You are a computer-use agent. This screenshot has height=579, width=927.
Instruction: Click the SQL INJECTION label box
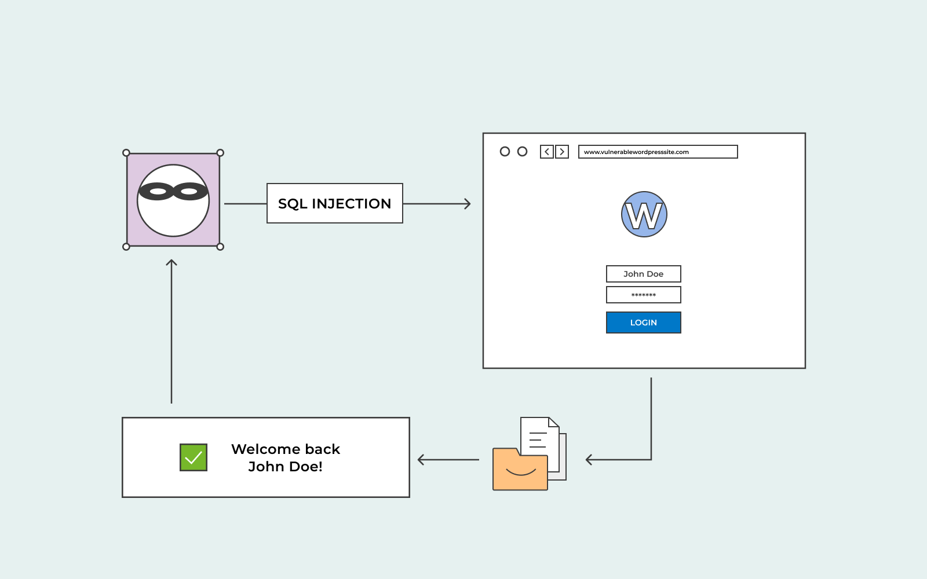click(335, 203)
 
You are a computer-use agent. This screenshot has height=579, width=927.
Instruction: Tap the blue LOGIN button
click(644, 323)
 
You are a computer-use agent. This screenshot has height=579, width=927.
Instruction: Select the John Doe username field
click(644, 274)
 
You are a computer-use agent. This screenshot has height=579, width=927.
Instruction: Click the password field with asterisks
click(644, 295)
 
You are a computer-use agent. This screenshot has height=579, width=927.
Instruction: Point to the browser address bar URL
click(658, 152)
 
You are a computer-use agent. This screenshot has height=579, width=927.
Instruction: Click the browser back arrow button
click(547, 152)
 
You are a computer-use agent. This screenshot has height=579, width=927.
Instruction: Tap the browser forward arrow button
click(562, 152)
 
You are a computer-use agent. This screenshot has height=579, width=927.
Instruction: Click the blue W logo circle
click(644, 214)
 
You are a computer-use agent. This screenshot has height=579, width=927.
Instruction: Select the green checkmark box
click(194, 457)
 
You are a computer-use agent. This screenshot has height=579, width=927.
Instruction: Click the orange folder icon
click(520, 470)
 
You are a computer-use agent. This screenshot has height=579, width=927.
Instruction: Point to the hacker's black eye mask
click(173, 192)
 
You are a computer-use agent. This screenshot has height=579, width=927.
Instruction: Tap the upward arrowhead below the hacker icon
click(171, 263)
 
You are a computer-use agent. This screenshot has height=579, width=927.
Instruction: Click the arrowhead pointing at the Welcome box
click(421, 460)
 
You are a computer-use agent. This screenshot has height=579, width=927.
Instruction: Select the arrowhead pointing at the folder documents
click(589, 460)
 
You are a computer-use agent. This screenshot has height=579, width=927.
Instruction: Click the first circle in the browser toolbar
click(505, 152)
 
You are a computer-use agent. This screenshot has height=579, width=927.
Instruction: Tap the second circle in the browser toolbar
click(522, 152)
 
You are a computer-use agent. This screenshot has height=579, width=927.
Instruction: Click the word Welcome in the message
click(266, 449)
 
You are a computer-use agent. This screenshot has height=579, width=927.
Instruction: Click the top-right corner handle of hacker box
click(220, 153)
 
